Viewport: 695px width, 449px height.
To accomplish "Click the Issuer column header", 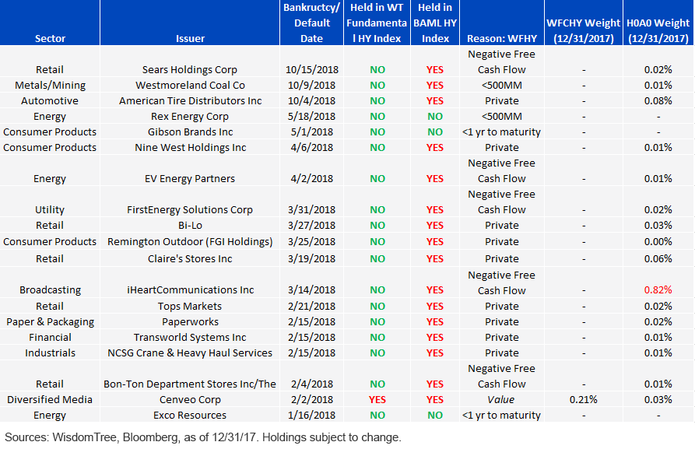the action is tap(190, 39).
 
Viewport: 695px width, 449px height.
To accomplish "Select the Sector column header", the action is tap(50, 39).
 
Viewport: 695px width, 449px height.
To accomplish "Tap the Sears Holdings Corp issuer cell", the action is tap(190, 69).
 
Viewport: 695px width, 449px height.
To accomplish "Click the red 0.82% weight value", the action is tap(658, 290).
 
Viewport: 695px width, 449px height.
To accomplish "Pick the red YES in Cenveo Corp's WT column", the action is tap(377, 399).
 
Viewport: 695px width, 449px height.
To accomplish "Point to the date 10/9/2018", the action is tap(311, 85).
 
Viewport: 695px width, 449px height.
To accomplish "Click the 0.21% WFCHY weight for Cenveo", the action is tap(583, 399).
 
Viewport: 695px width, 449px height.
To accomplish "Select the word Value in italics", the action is tap(501, 399).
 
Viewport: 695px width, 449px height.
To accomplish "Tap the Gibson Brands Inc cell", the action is tap(190, 132).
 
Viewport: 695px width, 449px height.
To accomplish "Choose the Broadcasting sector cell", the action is tap(50, 290).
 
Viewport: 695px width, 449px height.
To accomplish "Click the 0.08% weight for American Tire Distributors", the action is tap(658, 100).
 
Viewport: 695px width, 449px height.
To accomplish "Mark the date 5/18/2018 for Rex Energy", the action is tap(311, 116).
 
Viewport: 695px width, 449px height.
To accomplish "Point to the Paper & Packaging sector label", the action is tap(50, 322).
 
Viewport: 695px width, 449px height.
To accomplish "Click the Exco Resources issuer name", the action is tap(190, 415).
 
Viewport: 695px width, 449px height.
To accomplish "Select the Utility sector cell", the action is tap(50, 209).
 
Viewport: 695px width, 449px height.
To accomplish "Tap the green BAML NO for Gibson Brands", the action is tap(435, 132).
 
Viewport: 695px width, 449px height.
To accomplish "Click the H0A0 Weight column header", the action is tap(658, 30).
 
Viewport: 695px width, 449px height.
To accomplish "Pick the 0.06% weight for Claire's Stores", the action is tap(658, 258).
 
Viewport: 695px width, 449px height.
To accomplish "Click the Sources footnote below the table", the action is tap(203, 437).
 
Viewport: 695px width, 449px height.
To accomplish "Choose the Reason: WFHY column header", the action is tap(502, 39).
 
